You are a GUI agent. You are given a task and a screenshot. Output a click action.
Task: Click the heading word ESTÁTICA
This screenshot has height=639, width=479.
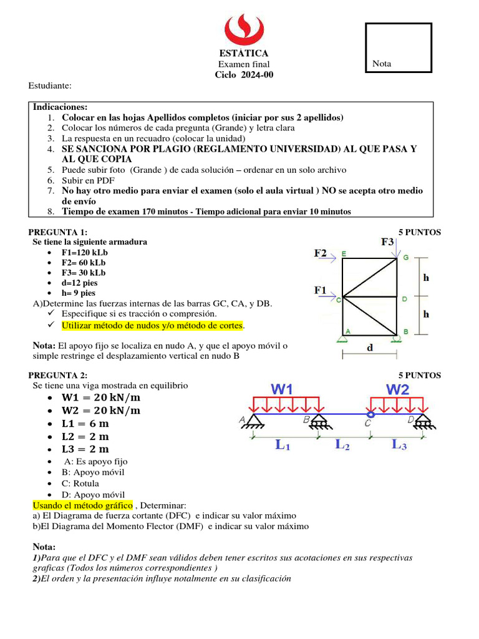[x=244, y=53]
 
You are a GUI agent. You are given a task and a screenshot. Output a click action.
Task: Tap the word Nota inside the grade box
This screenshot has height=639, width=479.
[x=382, y=64]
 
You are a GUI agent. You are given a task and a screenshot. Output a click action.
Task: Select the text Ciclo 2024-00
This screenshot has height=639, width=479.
[x=244, y=75]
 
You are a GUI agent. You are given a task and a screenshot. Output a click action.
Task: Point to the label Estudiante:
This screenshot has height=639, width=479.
[x=51, y=85]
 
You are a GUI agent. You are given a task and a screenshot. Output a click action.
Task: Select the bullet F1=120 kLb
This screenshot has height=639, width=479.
[x=84, y=253]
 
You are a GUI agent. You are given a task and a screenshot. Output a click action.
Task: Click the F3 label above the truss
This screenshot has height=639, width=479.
[x=387, y=241]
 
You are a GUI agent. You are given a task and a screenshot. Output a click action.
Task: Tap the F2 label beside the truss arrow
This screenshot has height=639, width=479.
[x=321, y=253]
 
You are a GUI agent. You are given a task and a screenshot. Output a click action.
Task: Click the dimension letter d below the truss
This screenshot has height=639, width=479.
[x=370, y=348]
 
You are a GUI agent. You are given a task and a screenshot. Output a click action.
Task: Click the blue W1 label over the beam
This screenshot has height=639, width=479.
[x=282, y=389]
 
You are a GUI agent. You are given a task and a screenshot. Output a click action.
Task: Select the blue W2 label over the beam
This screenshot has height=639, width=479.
[x=397, y=389]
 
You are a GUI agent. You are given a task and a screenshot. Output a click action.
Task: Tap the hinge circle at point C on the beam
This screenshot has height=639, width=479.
[x=370, y=413]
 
